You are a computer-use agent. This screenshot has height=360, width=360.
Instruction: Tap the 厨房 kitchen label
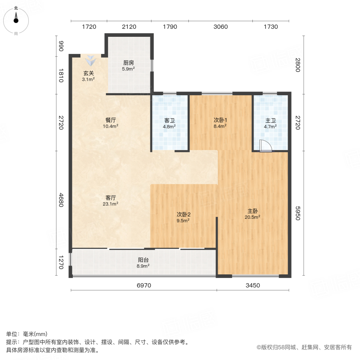pyautogui.click(x=128, y=63)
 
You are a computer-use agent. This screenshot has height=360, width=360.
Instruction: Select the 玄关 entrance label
pyautogui.click(x=88, y=73)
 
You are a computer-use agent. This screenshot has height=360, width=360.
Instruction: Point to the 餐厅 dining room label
pyautogui.click(x=111, y=120)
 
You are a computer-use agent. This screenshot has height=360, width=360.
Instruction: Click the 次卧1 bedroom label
pyautogui.click(x=220, y=120)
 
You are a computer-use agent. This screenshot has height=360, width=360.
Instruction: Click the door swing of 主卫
pyautogui.click(x=265, y=146)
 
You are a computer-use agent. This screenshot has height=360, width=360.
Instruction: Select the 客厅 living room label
pyautogui.click(x=111, y=198)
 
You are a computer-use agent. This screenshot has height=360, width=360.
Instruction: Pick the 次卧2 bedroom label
pyautogui.click(x=183, y=214)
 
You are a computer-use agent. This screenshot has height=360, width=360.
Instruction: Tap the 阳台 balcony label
pyautogui.click(x=143, y=260)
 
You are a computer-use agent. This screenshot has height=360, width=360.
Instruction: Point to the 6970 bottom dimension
pyautogui.click(x=144, y=285)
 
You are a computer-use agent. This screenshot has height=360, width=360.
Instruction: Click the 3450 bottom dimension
pyautogui.click(x=252, y=285)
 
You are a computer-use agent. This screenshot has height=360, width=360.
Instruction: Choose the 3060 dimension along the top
pyautogui.click(x=220, y=27)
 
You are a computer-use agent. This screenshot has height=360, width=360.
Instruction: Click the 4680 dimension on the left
pyautogui.click(x=61, y=200)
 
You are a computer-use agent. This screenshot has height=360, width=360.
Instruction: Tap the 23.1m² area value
pyautogui.click(x=111, y=204)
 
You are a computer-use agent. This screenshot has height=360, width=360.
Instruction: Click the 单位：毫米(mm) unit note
pyautogui.click(x=27, y=334)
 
